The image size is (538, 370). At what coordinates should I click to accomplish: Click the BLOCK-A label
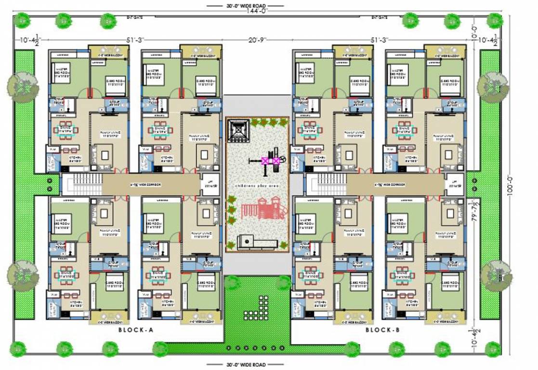(x=135, y=330)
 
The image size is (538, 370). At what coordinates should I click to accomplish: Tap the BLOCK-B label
(x=383, y=330)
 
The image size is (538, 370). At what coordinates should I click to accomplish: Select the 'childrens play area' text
(x=257, y=185)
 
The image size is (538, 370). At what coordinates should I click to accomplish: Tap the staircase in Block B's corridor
(x=329, y=185)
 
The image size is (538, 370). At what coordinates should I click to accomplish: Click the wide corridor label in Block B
(x=391, y=185)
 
